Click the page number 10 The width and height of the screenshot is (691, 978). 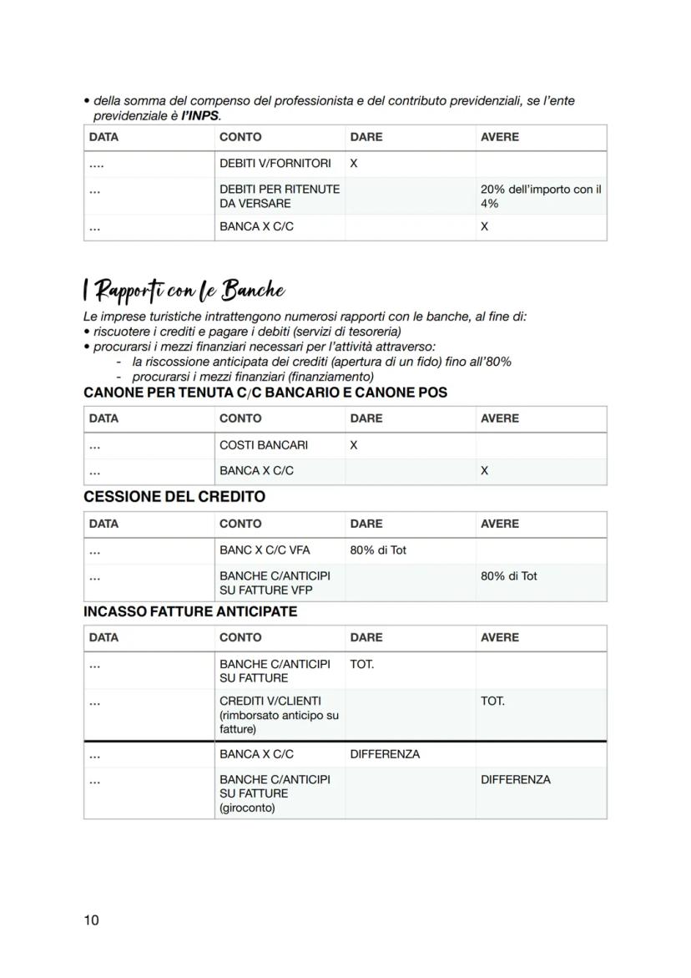(91, 920)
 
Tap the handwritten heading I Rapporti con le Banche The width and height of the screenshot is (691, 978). (184, 291)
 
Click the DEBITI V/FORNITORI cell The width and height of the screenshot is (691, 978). (275, 164)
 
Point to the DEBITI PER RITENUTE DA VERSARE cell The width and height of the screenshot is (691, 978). (279, 196)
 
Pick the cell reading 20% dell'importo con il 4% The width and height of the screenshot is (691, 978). (540, 196)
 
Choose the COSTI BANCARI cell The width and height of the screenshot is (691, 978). (263, 445)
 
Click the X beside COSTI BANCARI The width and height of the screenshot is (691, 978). (354, 445)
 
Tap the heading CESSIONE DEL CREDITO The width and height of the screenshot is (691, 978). (174, 497)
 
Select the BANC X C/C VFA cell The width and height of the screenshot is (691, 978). (265, 550)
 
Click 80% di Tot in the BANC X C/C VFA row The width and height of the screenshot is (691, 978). (378, 550)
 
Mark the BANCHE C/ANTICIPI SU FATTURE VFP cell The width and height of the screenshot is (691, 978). (275, 583)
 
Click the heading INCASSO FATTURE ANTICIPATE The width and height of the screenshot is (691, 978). (190, 611)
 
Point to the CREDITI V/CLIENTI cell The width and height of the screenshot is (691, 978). (270, 701)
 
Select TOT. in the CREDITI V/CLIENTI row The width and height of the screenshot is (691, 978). (492, 701)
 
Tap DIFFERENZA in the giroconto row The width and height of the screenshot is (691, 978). (516, 779)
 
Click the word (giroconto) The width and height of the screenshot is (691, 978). (247, 808)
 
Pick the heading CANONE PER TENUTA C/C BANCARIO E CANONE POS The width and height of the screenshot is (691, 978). (265, 393)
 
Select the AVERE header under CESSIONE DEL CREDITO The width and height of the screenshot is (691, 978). (499, 524)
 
